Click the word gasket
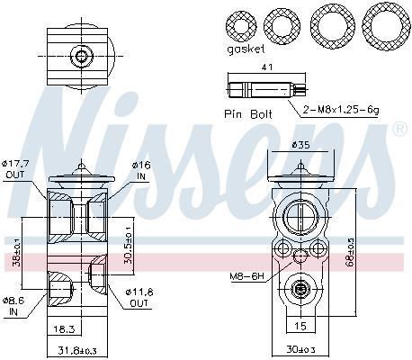[x=246, y=49]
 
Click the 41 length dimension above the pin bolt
[x=267, y=67]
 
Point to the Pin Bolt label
[x=248, y=114]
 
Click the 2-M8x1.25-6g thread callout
[x=341, y=110]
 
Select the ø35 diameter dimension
[x=300, y=145]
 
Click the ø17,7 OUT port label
[x=15, y=169]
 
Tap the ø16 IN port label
[x=140, y=170]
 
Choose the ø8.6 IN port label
[x=13, y=306]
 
